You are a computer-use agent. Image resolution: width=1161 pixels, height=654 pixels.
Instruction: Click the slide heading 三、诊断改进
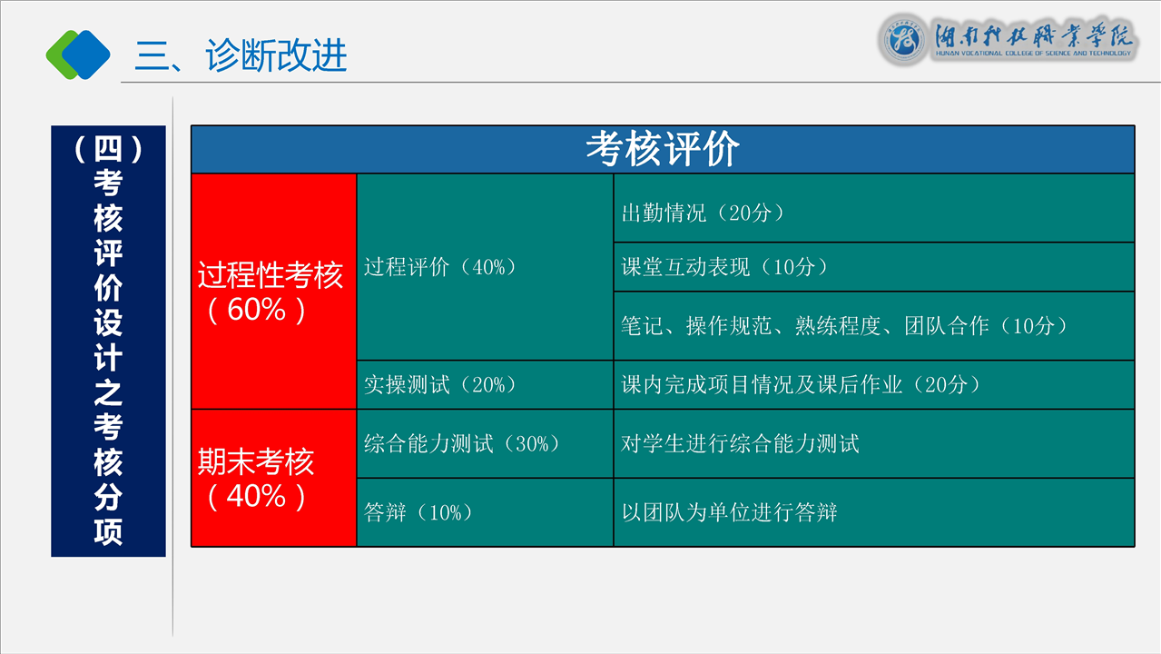point(241,55)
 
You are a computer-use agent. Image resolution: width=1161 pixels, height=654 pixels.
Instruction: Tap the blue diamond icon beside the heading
point(86,55)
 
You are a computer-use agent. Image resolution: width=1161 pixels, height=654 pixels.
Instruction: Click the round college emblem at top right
point(903,39)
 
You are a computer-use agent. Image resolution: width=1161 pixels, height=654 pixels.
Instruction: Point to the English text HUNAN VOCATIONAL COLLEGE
point(1033,53)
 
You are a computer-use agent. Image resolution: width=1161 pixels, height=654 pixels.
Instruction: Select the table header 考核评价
point(663,149)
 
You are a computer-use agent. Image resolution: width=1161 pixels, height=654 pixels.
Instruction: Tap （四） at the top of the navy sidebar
point(108,149)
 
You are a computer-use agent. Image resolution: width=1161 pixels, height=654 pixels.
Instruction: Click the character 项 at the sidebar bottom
point(108,531)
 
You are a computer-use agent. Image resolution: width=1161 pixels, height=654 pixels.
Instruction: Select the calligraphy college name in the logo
point(1034,35)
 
